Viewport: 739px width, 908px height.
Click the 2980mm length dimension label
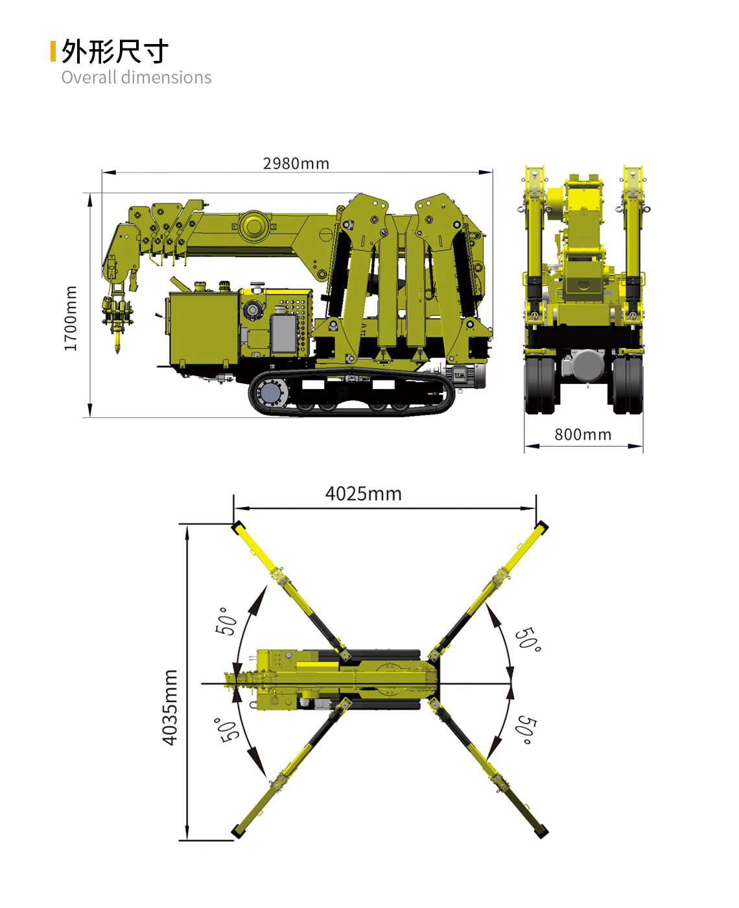click(296, 164)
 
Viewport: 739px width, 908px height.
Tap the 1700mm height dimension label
click(71, 319)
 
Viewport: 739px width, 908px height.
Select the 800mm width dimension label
click(583, 435)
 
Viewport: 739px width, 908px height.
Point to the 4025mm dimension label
click(364, 494)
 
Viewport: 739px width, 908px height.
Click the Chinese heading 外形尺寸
click(115, 52)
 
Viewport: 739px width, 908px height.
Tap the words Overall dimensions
click(136, 78)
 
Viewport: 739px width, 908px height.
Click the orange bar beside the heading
click(53, 51)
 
